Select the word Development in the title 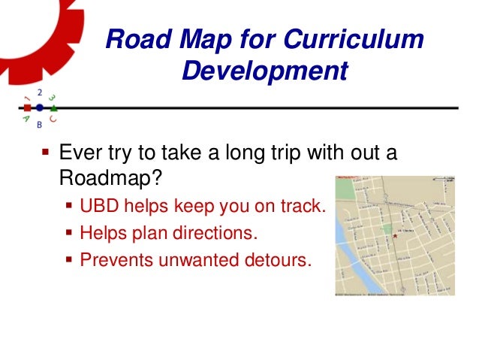pos(265,72)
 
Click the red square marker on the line pos(27,108)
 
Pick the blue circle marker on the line pos(39,108)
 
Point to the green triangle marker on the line pos(53,108)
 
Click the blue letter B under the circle pos(39,124)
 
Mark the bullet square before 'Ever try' pos(45,155)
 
